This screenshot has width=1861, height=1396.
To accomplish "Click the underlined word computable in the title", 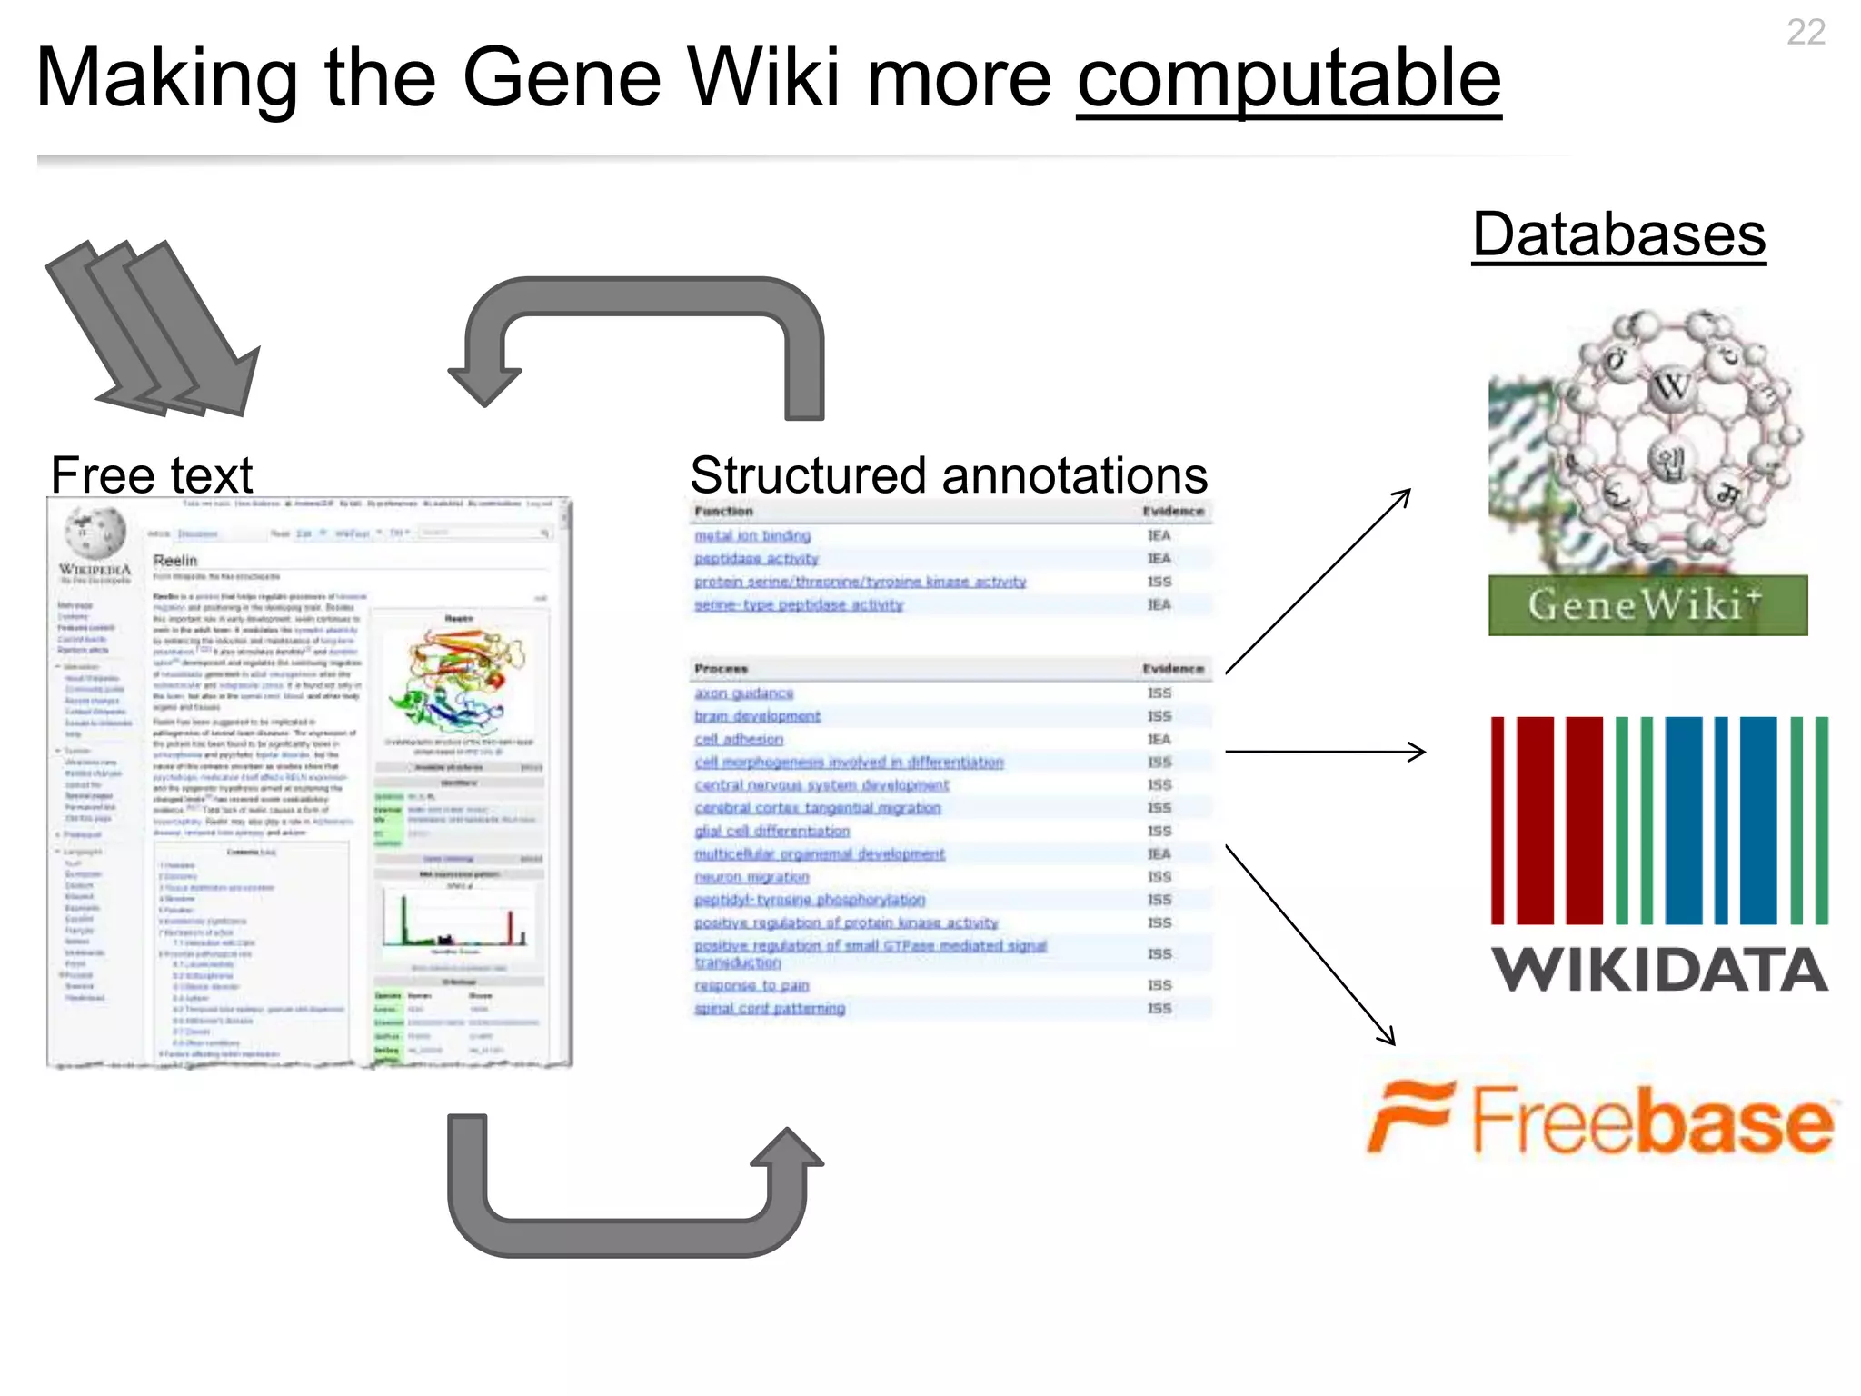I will coord(1288,80).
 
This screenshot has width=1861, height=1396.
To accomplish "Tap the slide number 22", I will coord(1805,33).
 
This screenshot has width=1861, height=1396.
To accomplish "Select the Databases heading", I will coord(1618,234).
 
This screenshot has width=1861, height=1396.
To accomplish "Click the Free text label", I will coord(152,474).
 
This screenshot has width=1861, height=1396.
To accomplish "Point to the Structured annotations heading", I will coord(948,474).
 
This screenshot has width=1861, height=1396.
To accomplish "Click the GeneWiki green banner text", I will coord(1646,605).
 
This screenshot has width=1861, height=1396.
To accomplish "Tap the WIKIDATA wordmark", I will coord(1659,970).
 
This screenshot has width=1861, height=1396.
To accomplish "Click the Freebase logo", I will coord(1603,1119).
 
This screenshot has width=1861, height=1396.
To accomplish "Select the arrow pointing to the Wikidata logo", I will coord(1325,752).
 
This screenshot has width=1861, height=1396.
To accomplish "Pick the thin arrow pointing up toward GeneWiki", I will coord(1318,582).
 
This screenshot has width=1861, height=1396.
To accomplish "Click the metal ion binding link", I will coord(751,536).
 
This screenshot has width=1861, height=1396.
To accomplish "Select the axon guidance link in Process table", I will coord(743,693).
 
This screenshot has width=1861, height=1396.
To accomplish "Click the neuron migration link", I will coord(751,877).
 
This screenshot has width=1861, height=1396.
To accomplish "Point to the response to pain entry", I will coord(751,985).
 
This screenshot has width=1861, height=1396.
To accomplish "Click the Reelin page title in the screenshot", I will coord(175,560).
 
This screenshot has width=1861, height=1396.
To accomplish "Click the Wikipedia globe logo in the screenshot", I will coord(95,532).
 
